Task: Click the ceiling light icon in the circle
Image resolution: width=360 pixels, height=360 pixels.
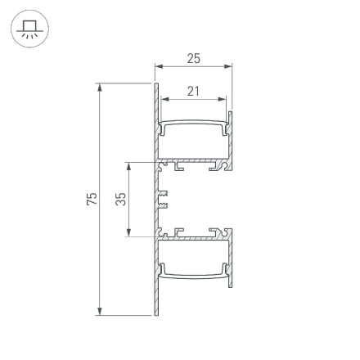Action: [x=29, y=29]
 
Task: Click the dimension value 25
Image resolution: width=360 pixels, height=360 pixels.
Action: [x=193, y=58]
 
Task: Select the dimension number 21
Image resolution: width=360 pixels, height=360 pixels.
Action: [x=193, y=91]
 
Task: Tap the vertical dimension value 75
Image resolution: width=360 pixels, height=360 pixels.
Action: [x=92, y=199]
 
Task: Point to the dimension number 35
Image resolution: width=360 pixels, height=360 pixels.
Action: [x=120, y=199]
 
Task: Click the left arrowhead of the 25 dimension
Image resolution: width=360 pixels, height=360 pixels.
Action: [x=159, y=66]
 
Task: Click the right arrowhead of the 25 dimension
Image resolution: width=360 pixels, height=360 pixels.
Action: [x=227, y=66]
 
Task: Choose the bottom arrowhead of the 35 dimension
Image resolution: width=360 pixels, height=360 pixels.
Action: [x=129, y=233]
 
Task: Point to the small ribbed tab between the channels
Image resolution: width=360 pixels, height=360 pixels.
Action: [x=163, y=199]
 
